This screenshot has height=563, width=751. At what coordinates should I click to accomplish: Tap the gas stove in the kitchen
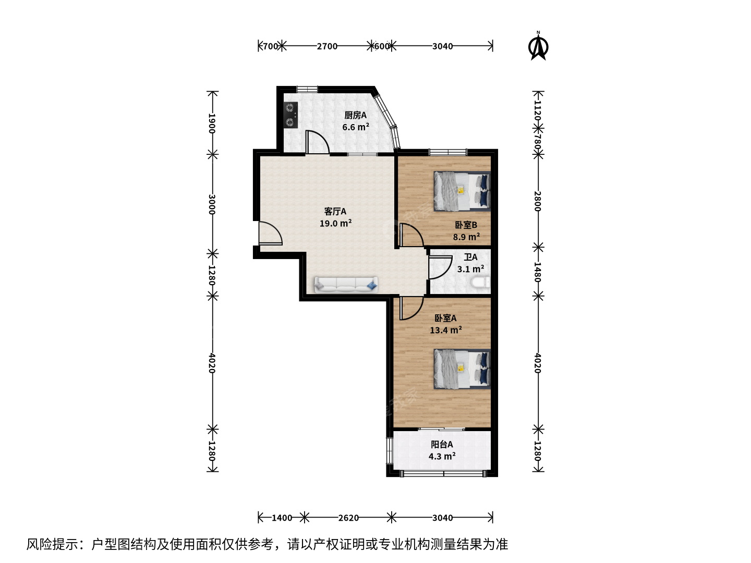point(290,115)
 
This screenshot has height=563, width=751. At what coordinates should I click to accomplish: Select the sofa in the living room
point(346,285)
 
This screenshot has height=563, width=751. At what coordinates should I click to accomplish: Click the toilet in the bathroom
point(480,283)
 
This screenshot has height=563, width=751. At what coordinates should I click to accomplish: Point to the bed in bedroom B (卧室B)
point(462,191)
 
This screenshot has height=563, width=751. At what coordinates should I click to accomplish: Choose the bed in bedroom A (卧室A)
point(462,369)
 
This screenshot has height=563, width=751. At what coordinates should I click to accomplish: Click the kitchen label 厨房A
point(356,115)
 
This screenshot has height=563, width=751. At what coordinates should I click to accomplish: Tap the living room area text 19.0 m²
point(336,223)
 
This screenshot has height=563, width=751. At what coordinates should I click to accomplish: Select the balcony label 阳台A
point(442,444)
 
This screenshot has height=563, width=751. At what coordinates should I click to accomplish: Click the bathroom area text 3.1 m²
point(470,268)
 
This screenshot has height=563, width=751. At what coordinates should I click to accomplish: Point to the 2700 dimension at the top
point(327,46)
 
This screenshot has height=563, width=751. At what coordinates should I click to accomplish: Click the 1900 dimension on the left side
point(212,124)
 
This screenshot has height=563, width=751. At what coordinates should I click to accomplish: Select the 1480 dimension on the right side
point(538,272)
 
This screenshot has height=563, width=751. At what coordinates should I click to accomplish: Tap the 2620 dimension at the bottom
point(348,518)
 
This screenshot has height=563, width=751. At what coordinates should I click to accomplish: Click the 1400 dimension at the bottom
point(282,518)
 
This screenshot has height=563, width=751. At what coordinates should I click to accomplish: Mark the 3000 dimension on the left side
point(212,204)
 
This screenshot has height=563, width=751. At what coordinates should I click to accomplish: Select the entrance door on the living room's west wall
point(270,233)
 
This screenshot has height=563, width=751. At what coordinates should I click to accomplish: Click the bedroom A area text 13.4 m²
point(446,330)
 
